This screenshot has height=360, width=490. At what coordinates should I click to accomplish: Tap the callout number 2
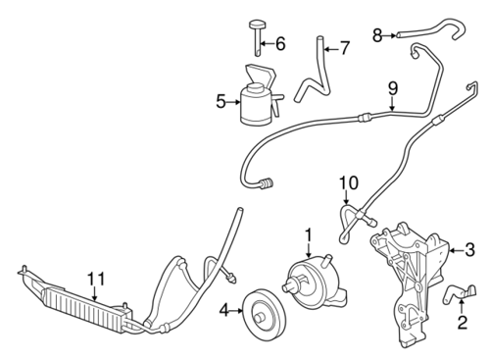point(462,322)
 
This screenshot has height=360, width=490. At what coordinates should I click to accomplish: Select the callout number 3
point(469,250)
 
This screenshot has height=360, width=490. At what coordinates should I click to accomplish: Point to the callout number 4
point(224,310)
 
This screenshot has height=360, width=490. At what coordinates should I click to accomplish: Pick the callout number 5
point(220,102)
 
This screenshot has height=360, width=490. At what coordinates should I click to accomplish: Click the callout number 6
point(280,43)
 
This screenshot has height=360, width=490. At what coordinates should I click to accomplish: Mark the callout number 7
point(344,48)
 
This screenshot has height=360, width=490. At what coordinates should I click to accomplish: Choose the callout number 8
point(377,35)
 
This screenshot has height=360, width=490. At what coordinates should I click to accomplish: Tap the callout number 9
point(392,88)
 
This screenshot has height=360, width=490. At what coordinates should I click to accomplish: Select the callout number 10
point(349,183)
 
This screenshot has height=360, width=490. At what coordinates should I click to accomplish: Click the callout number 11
point(96,279)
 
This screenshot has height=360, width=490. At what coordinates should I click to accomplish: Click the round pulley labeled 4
point(266,311)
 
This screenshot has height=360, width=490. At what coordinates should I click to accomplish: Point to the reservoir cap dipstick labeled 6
point(258,37)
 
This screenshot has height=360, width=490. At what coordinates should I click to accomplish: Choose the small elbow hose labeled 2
point(459,292)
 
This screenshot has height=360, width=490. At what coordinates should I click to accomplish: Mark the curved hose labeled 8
point(430,30)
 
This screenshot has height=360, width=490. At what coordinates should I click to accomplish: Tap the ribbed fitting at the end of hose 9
point(268,183)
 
